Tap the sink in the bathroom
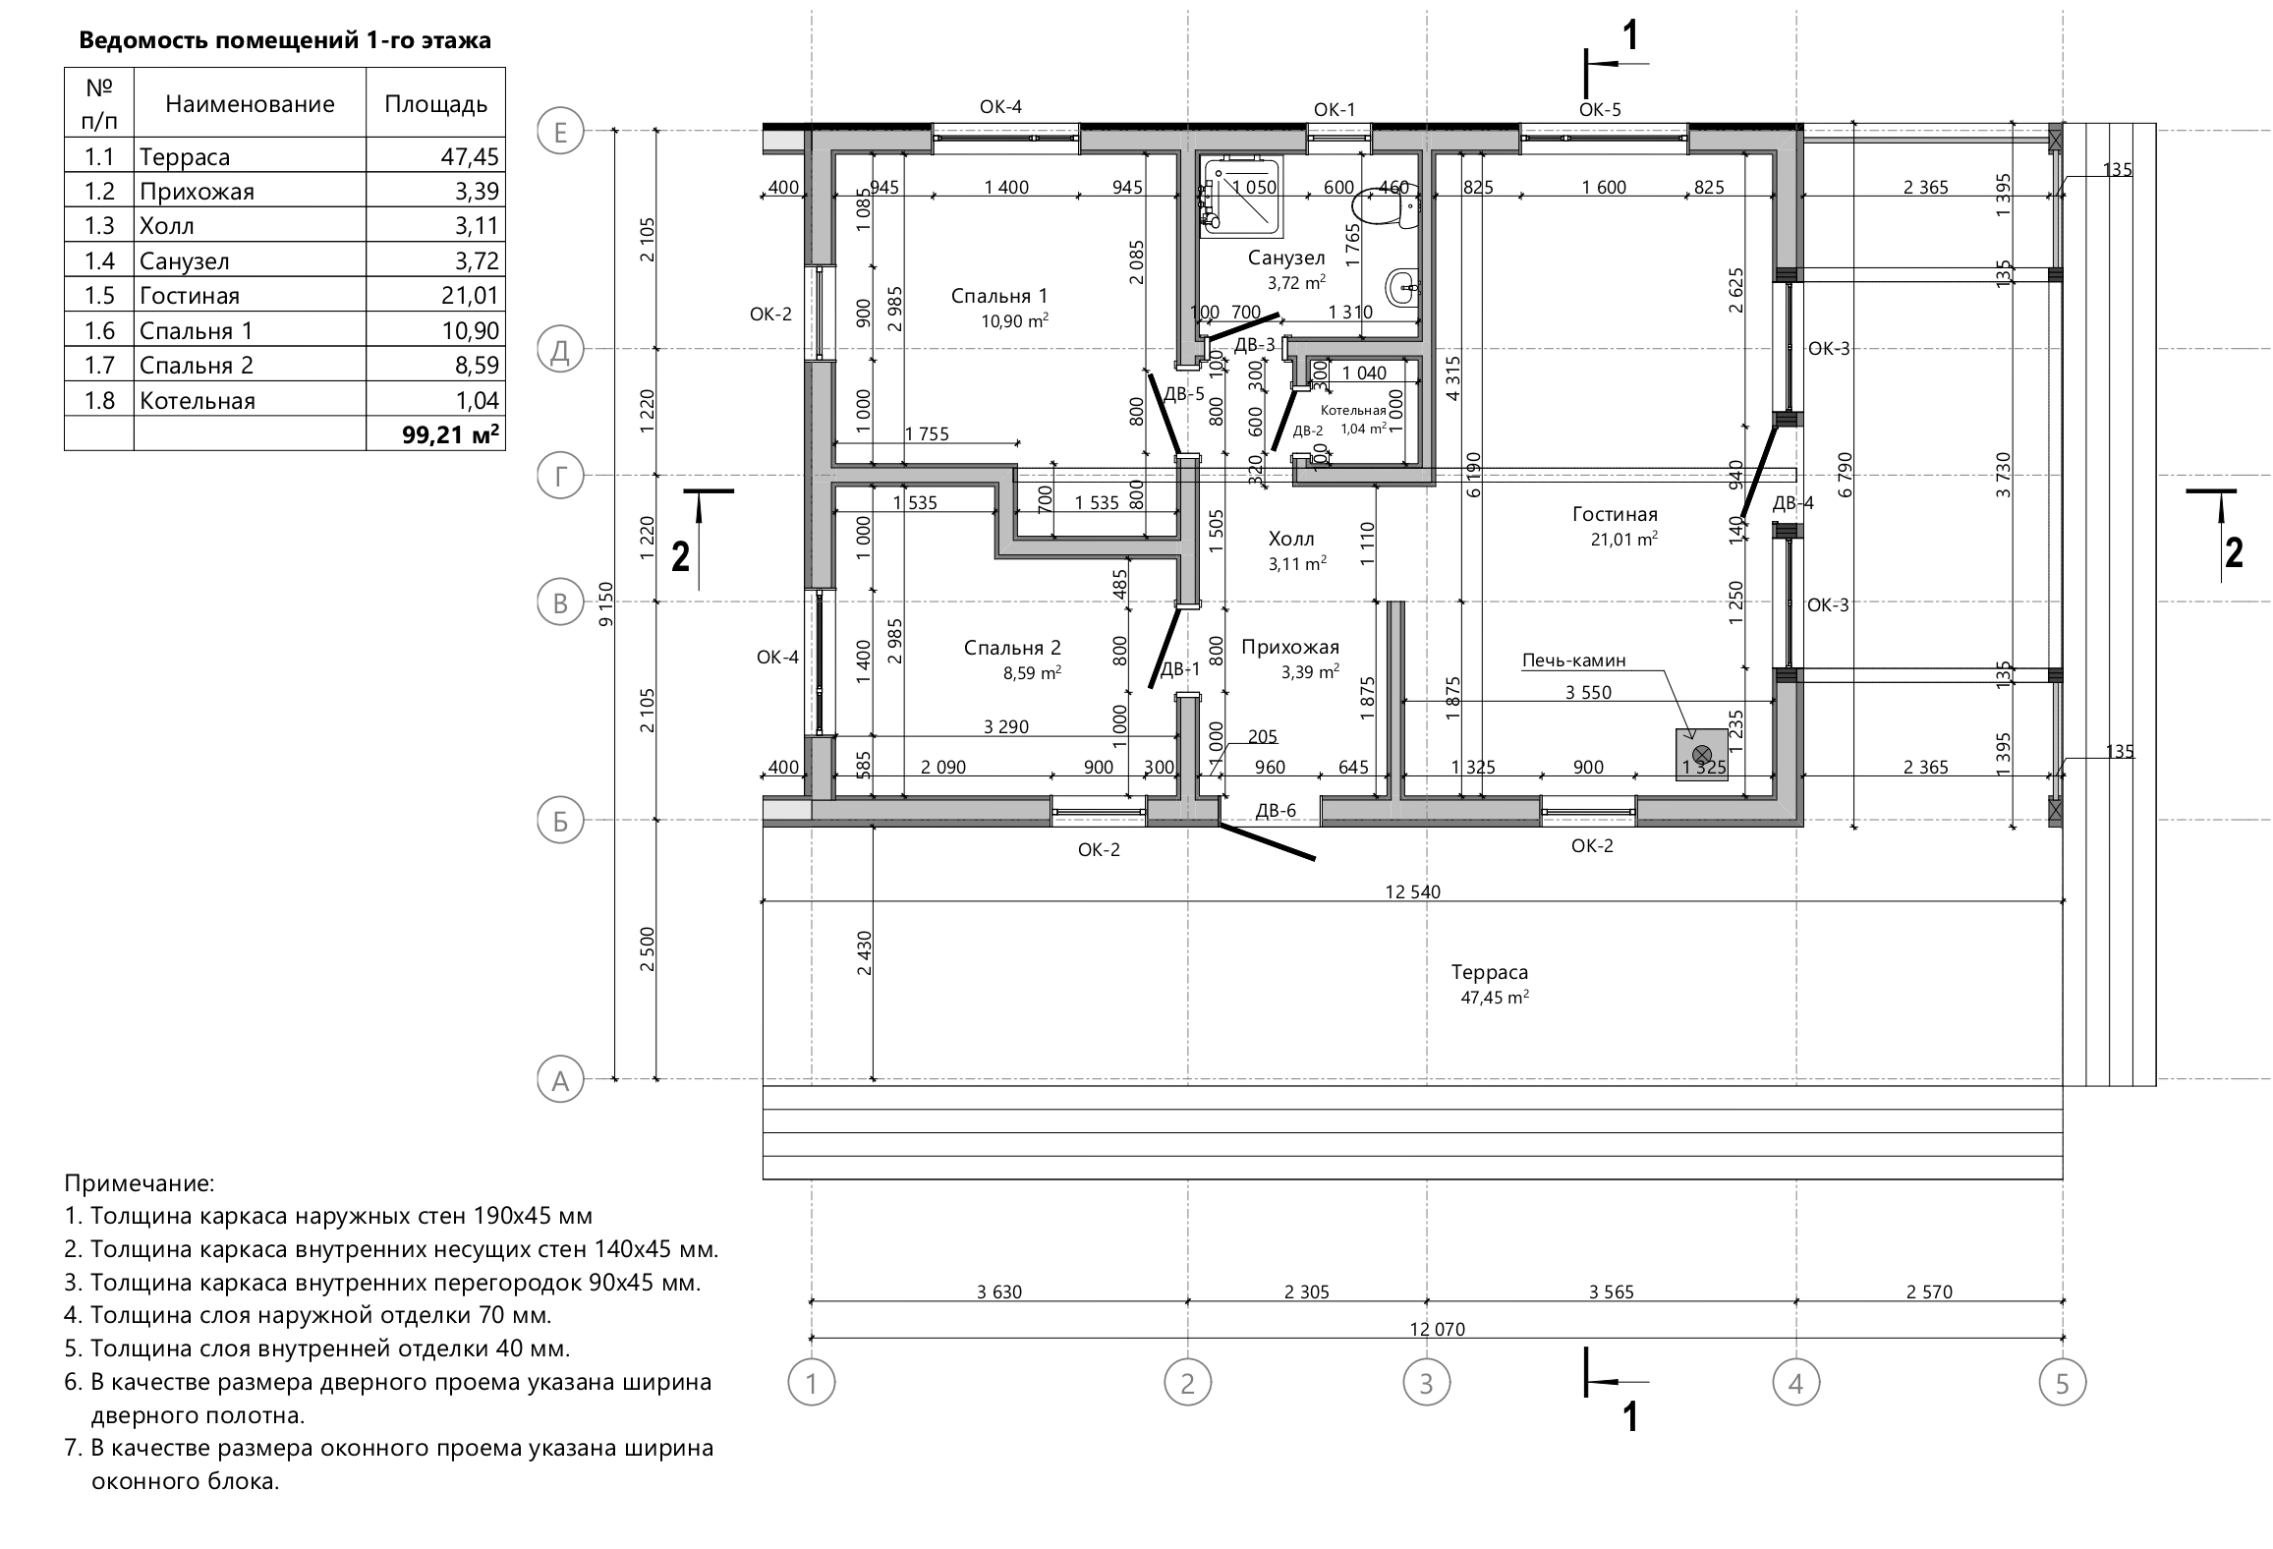click(x=1402, y=288)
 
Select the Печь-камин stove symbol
click(x=1702, y=755)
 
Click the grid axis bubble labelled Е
click(x=560, y=131)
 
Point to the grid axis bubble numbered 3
click(x=1426, y=1384)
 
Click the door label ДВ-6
click(x=1276, y=811)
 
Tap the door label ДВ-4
click(x=1793, y=503)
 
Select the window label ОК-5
click(x=1600, y=109)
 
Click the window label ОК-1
click(x=1335, y=109)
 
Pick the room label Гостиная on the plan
click(x=1615, y=514)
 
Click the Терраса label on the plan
click(x=1490, y=972)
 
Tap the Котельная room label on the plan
click(x=1353, y=411)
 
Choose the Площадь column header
click(x=435, y=104)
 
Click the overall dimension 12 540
click(x=1412, y=892)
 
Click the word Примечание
click(x=139, y=1183)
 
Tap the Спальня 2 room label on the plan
click(x=1012, y=648)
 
